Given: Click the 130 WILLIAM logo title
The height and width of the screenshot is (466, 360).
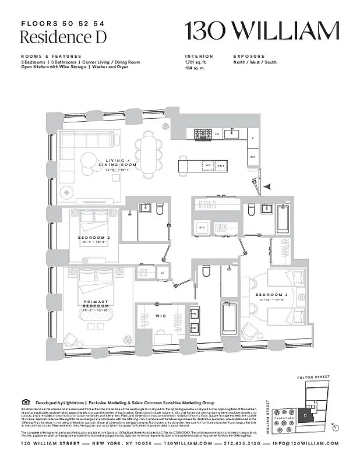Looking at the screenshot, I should pyautogui.click(x=262, y=30).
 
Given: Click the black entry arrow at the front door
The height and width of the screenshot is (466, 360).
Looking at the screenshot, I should pyautogui.click(x=267, y=186).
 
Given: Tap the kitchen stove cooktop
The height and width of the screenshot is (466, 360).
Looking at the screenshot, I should pyautogui.click(x=202, y=133).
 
